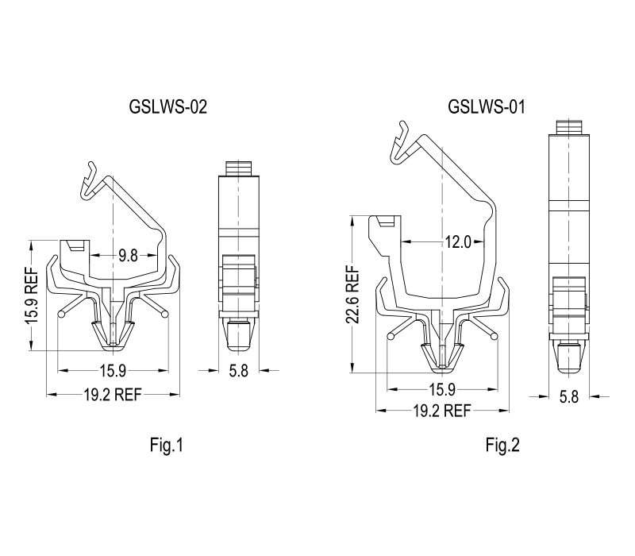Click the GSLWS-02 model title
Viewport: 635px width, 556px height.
pyautogui.click(x=167, y=107)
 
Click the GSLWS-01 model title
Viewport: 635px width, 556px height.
pyautogui.click(x=487, y=107)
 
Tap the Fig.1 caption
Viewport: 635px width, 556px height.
pyautogui.click(x=167, y=445)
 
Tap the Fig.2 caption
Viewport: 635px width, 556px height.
pyautogui.click(x=502, y=445)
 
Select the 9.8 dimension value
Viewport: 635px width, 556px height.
pyautogui.click(x=128, y=256)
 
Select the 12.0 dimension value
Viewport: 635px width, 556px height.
pyautogui.click(x=458, y=242)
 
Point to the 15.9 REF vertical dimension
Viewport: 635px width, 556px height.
pyautogui.click(x=32, y=295)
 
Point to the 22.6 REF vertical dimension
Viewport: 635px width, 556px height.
pyautogui.click(x=352, y=294)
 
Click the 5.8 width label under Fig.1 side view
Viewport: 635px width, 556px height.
pyautogui.click(x=239, y=370)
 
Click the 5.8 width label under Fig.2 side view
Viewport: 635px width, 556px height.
pyautogui.click(x=568, y=396)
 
